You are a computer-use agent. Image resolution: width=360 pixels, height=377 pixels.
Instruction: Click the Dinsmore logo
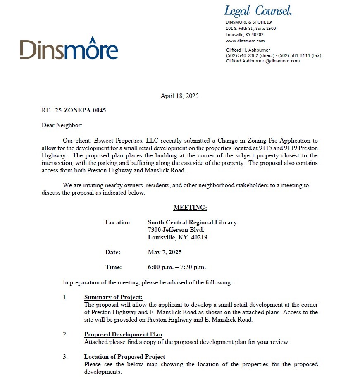(69, 49)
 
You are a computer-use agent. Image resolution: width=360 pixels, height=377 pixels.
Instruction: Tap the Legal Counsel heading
(258, 10)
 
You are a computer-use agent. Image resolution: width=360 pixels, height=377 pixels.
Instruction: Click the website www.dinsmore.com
(245, 41)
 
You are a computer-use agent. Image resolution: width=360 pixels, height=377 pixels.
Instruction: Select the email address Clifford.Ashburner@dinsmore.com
(262, 61)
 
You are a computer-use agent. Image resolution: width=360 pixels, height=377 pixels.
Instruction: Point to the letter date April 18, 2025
(179, 96)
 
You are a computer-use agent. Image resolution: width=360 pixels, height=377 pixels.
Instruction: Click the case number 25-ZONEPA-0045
(77, 110)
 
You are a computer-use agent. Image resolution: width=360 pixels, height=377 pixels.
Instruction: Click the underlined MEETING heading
(190, 208)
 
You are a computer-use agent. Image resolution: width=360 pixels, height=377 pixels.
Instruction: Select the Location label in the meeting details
(119, 222)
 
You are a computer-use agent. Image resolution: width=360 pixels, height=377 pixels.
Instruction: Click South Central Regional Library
(192, 222)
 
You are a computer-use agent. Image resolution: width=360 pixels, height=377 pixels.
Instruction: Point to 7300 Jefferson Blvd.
(176, 230)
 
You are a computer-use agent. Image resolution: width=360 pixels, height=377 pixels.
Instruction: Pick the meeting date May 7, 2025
(165, 252)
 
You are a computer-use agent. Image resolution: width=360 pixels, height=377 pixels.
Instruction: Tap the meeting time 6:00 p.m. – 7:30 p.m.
(176, 267)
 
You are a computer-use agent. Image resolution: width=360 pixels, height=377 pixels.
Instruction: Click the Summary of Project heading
(113, 297)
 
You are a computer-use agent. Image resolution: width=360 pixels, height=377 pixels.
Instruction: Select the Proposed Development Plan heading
(123, 334)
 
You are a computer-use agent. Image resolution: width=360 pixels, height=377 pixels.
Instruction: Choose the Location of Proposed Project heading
(124, 357)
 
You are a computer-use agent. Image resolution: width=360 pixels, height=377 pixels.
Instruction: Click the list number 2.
(65, 334)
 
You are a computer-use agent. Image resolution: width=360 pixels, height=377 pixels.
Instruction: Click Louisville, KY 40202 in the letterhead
(245, 35)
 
